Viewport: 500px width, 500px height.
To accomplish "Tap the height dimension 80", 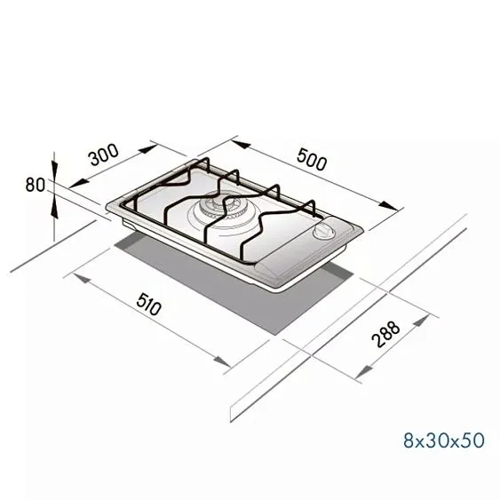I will [36, 185].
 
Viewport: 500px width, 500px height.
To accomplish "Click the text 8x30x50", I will [443, 440].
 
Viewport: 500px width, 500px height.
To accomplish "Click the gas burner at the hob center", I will [216, 211].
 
